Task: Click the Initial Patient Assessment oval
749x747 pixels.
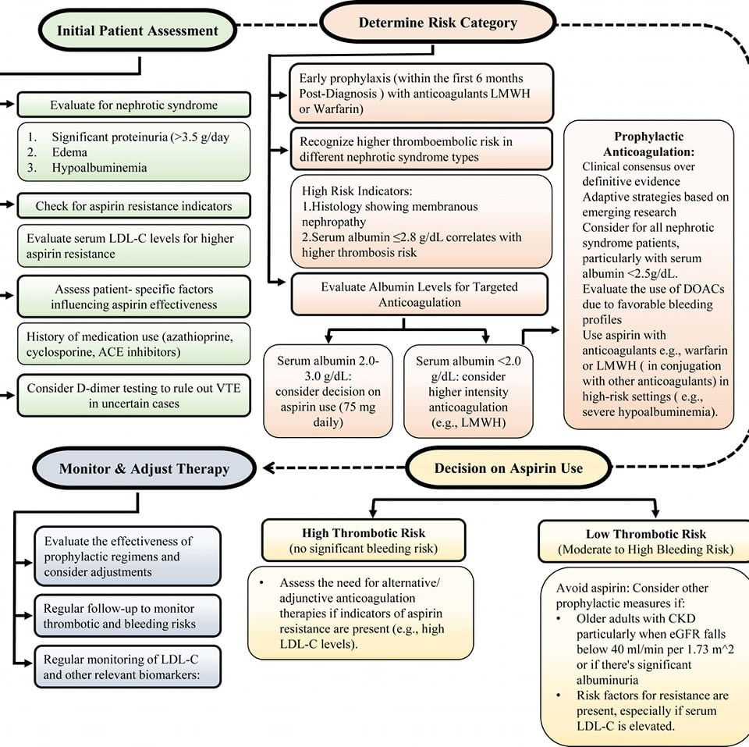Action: click(137, 30)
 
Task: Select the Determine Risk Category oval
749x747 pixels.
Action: click(438, 23)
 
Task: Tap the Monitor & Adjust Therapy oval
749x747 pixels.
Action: click(144, 468)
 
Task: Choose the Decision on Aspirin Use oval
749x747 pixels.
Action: click(508, 468)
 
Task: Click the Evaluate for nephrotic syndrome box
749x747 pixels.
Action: click(133, 105)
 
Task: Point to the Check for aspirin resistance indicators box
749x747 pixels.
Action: click(133, 206)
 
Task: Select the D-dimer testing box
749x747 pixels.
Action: click(133, 396)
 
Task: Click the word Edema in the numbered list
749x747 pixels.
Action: click(69, 152)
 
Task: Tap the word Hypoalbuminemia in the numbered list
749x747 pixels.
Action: click(99, 168)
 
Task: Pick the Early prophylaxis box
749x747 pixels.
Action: click(421, 93)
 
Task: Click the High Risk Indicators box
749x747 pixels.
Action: click(421, 221)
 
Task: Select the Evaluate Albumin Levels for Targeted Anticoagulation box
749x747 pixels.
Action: click(420, 294)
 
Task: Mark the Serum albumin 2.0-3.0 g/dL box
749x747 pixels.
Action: click(328, 391)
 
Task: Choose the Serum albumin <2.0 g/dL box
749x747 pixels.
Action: click(468, 391)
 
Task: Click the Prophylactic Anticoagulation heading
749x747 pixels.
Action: click(648, 144)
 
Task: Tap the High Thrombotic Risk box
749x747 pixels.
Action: click(364, 540)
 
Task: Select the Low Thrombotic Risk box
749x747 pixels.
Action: click(645, 542)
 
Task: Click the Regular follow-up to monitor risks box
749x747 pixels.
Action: click(127, 616)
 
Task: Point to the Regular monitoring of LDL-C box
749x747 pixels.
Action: click(127, 667)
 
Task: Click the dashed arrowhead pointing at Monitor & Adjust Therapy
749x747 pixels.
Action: click(268, 468)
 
